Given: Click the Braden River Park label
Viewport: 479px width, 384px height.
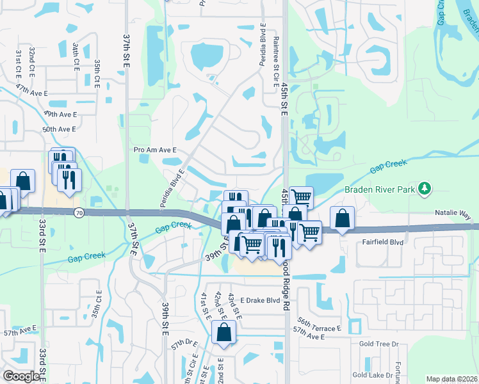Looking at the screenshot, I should (380, 189).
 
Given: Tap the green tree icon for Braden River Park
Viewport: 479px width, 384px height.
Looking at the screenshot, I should (423, 188).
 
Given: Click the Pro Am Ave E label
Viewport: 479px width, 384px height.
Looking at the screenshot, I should (154, 150).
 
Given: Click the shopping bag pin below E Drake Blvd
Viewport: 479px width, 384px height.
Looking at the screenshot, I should (223, 333).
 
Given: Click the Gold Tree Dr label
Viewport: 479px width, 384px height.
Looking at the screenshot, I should (379, 344).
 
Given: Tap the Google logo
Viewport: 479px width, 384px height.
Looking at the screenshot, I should (21, 376).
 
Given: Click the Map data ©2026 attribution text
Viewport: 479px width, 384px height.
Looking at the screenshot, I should (451, 379).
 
